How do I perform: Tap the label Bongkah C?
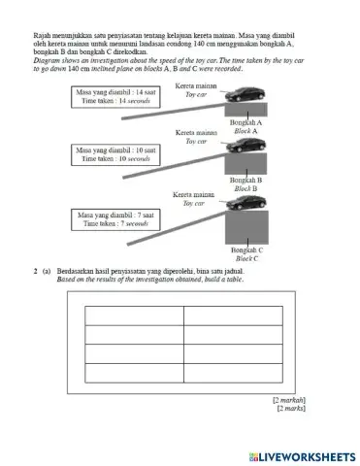[x=248, y=250]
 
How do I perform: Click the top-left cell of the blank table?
[x=134, y=315]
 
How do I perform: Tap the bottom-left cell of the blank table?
[x=134, y=372]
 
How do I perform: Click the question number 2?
[x=34, y=267]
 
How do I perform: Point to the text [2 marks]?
[x=291, y=409]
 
